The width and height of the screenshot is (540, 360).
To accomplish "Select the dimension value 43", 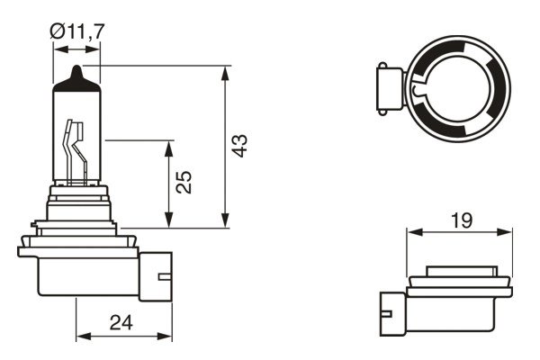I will (238, 147).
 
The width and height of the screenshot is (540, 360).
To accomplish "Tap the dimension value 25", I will (183, 184).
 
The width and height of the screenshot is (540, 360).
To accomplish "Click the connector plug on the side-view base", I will (157, 274).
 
